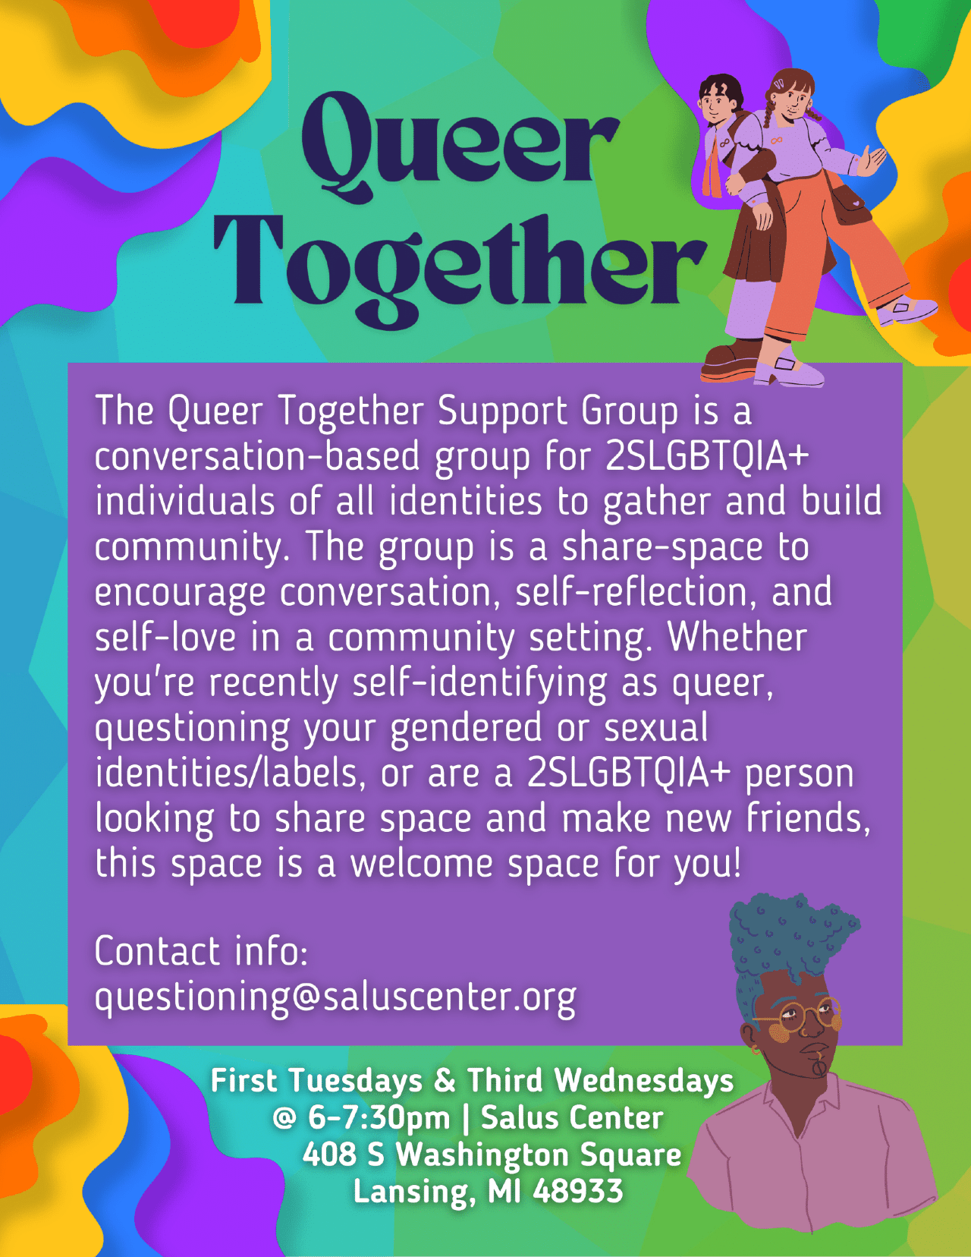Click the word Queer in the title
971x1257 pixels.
(x=460, y=149)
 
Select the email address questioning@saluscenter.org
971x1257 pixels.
(x=335, y=997)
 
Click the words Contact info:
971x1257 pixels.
(x=201, y=950)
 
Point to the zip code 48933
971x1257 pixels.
(x=577, y=1191)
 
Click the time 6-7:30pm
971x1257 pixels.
(x=379, y=1117)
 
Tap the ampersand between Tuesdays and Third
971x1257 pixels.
(x=445, y=1080)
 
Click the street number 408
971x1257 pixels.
(x=329, y=1154)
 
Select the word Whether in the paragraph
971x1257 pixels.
(x=737, y=638)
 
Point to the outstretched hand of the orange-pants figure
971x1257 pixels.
(x=870, y=161)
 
